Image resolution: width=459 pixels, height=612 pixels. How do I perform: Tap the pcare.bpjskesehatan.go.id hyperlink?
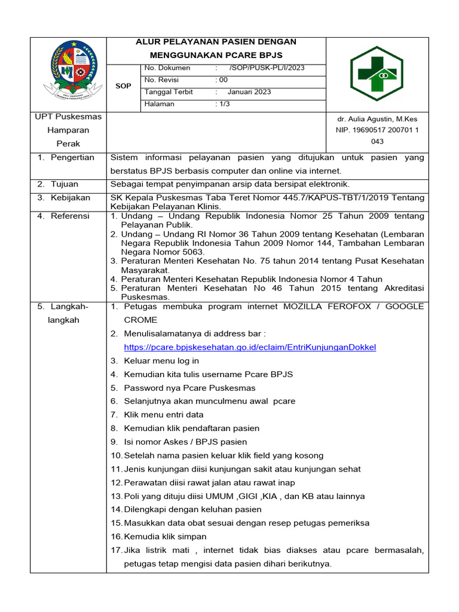point(250,347)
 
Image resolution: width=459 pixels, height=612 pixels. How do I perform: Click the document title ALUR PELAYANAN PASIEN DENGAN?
point(216,42)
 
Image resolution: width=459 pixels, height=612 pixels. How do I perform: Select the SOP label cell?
point(123,86)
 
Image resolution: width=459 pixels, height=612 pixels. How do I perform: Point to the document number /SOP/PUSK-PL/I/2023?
point(267,68)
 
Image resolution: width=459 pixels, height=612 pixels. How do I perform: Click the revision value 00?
point(223,80)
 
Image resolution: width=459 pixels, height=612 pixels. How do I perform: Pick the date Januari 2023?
point(249,92)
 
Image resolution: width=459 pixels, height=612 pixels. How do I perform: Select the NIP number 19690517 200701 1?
point(377,130)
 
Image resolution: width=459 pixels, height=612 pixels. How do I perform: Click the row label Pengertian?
point(72,158)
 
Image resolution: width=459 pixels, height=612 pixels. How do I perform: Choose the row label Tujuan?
point(64,184)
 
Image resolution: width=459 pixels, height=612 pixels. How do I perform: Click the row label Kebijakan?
point(70,198)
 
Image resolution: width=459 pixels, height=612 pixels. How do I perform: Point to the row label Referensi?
point(70,216)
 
